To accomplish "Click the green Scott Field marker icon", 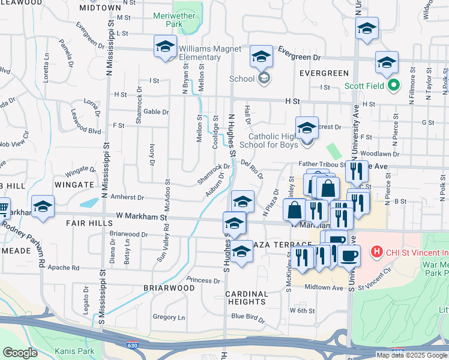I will click(x=394, y=86).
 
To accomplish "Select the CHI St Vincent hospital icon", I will click(x=377, y=251).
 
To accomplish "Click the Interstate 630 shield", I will click(x=132, y=346).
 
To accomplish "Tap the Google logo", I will click(x=20, y=353).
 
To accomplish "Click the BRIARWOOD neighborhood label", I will click(x=169, y=288).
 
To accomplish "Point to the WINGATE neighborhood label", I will click(x=74, y=184).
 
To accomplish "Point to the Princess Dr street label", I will click(x=203, y=280).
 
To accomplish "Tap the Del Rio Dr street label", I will click(x=252, y=169).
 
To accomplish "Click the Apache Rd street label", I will click(x=63, y=268).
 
